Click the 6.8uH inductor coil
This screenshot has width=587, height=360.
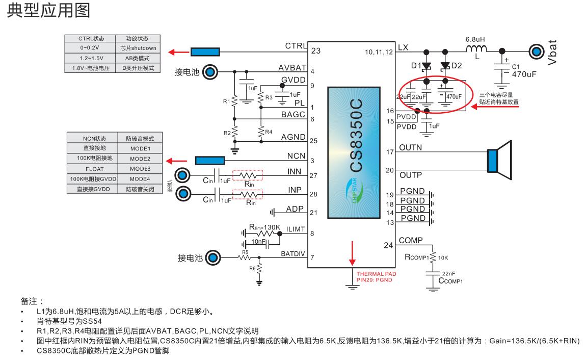(477, 49)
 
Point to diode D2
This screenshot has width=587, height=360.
(446, 66)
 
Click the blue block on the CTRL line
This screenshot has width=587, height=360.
(205, 52)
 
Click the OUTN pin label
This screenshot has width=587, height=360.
(411, 148)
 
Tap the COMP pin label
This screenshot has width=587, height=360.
(410, 240)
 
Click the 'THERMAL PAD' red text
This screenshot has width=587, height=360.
(376, 274)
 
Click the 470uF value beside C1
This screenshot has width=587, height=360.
(524, 74)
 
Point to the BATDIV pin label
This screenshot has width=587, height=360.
(293, 253)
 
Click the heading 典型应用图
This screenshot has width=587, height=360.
(48, 11)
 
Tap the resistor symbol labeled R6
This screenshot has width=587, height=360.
(259, 268)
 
